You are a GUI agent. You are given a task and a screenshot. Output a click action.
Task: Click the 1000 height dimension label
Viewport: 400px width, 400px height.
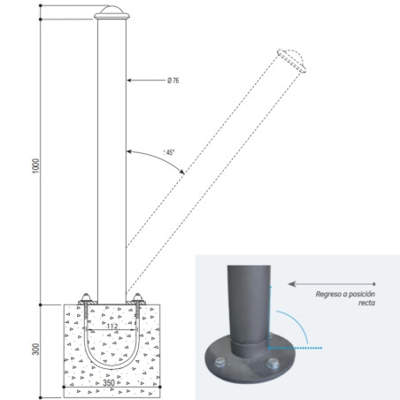tap(35, 165)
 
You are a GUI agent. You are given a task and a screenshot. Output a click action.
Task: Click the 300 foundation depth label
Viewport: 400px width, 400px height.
tap(35, 349)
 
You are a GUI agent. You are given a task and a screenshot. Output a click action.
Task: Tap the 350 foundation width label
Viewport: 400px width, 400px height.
tap(109, 382)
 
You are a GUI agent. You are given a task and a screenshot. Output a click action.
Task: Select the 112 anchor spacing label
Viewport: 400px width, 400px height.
tap(112, 326)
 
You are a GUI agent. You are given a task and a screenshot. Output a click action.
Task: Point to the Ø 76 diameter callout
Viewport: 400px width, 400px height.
tap(173, 81)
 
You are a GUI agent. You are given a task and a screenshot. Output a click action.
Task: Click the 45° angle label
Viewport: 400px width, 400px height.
tap(169, 152)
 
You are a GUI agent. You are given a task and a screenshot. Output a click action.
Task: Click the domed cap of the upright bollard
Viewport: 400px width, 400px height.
tap(112, 12)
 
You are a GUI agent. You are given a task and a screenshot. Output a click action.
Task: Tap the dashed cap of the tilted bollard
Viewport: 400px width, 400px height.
tap(292, 60)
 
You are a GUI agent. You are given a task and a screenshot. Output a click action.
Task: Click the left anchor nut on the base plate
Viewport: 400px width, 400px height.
tap(86, 296)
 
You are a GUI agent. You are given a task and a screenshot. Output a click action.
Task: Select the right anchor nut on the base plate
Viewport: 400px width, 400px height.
tap(137, 296)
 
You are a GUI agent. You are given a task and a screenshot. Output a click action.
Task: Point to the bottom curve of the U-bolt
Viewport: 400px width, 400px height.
tap(112, 366)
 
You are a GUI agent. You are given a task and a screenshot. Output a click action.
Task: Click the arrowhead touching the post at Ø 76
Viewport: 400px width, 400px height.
tap(129, 81)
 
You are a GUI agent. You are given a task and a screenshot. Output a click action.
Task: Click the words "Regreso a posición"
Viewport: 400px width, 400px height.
tap(345, 294)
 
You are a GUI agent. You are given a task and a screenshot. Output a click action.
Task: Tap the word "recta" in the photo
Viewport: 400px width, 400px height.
tap(366, 303)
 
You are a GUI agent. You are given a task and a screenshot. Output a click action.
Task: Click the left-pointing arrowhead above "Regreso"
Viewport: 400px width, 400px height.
tap(292, 284)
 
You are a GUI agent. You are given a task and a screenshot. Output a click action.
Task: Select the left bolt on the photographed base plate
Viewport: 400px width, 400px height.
tap(219, 362)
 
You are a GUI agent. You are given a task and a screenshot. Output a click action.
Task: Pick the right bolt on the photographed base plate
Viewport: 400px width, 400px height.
tap(272, 364)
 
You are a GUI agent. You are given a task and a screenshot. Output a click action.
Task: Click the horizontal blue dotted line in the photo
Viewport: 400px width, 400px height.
tap(295, 348)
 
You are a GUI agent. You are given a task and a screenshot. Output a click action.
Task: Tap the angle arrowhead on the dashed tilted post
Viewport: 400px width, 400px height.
tap(182, 172)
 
